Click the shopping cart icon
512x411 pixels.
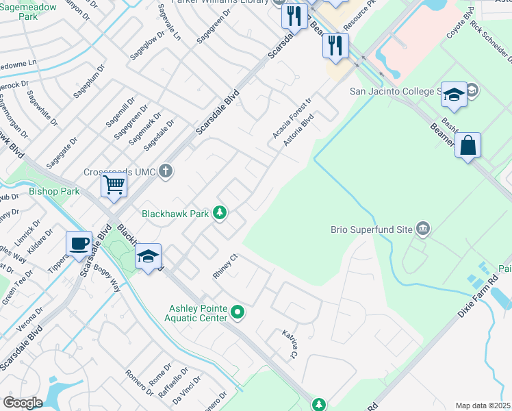[x=114, y=184]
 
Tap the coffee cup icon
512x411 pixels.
[x=79, y=243]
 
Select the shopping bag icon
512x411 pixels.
[x=468, y=145]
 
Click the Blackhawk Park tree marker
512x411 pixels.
[x=220, y=214]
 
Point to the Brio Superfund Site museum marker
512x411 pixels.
[x=422, y=228]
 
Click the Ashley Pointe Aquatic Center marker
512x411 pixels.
[x=238, y=313]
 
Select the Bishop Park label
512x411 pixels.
[x=55, y=192]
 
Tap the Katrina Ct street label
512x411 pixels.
[x=290, y=344]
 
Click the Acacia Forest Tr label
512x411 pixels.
[x=292, y=118]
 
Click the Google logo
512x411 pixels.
[x=23, y=402]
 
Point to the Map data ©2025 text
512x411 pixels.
[x=482, y=406]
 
